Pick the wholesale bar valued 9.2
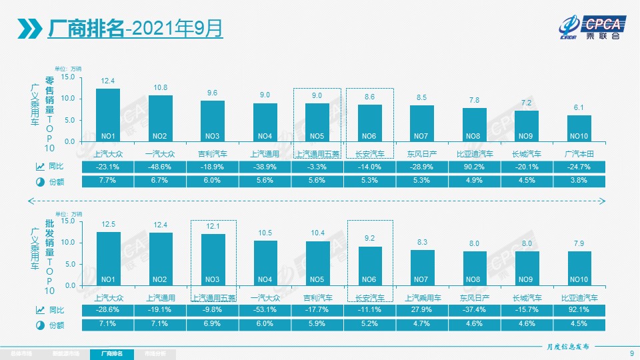coord(370,266)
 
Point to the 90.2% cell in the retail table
coord(474,167)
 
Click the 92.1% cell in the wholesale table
coord(579,310)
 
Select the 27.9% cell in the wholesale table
coord(422,310)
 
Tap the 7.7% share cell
coord(108,181)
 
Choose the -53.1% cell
coord(265,310)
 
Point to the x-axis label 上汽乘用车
coord(423,298)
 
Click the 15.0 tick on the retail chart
coord(68,77)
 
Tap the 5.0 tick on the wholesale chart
coord(70,264)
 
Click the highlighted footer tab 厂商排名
coord(111,352)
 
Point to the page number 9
coord(631,353)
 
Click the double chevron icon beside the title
coord(31,28)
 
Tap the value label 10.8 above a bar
coord(161,87)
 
